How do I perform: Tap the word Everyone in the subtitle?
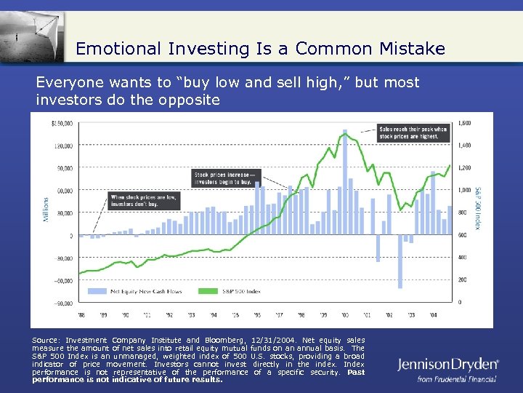(x=67, y=82)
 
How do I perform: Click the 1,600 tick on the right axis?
(x=465, y=122)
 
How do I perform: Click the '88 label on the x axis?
(x=82, y=314)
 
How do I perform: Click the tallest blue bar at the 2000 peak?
(x=345, y=182)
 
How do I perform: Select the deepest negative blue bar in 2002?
(x=400, y=261)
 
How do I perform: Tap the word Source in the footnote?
(x=46, y=340)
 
